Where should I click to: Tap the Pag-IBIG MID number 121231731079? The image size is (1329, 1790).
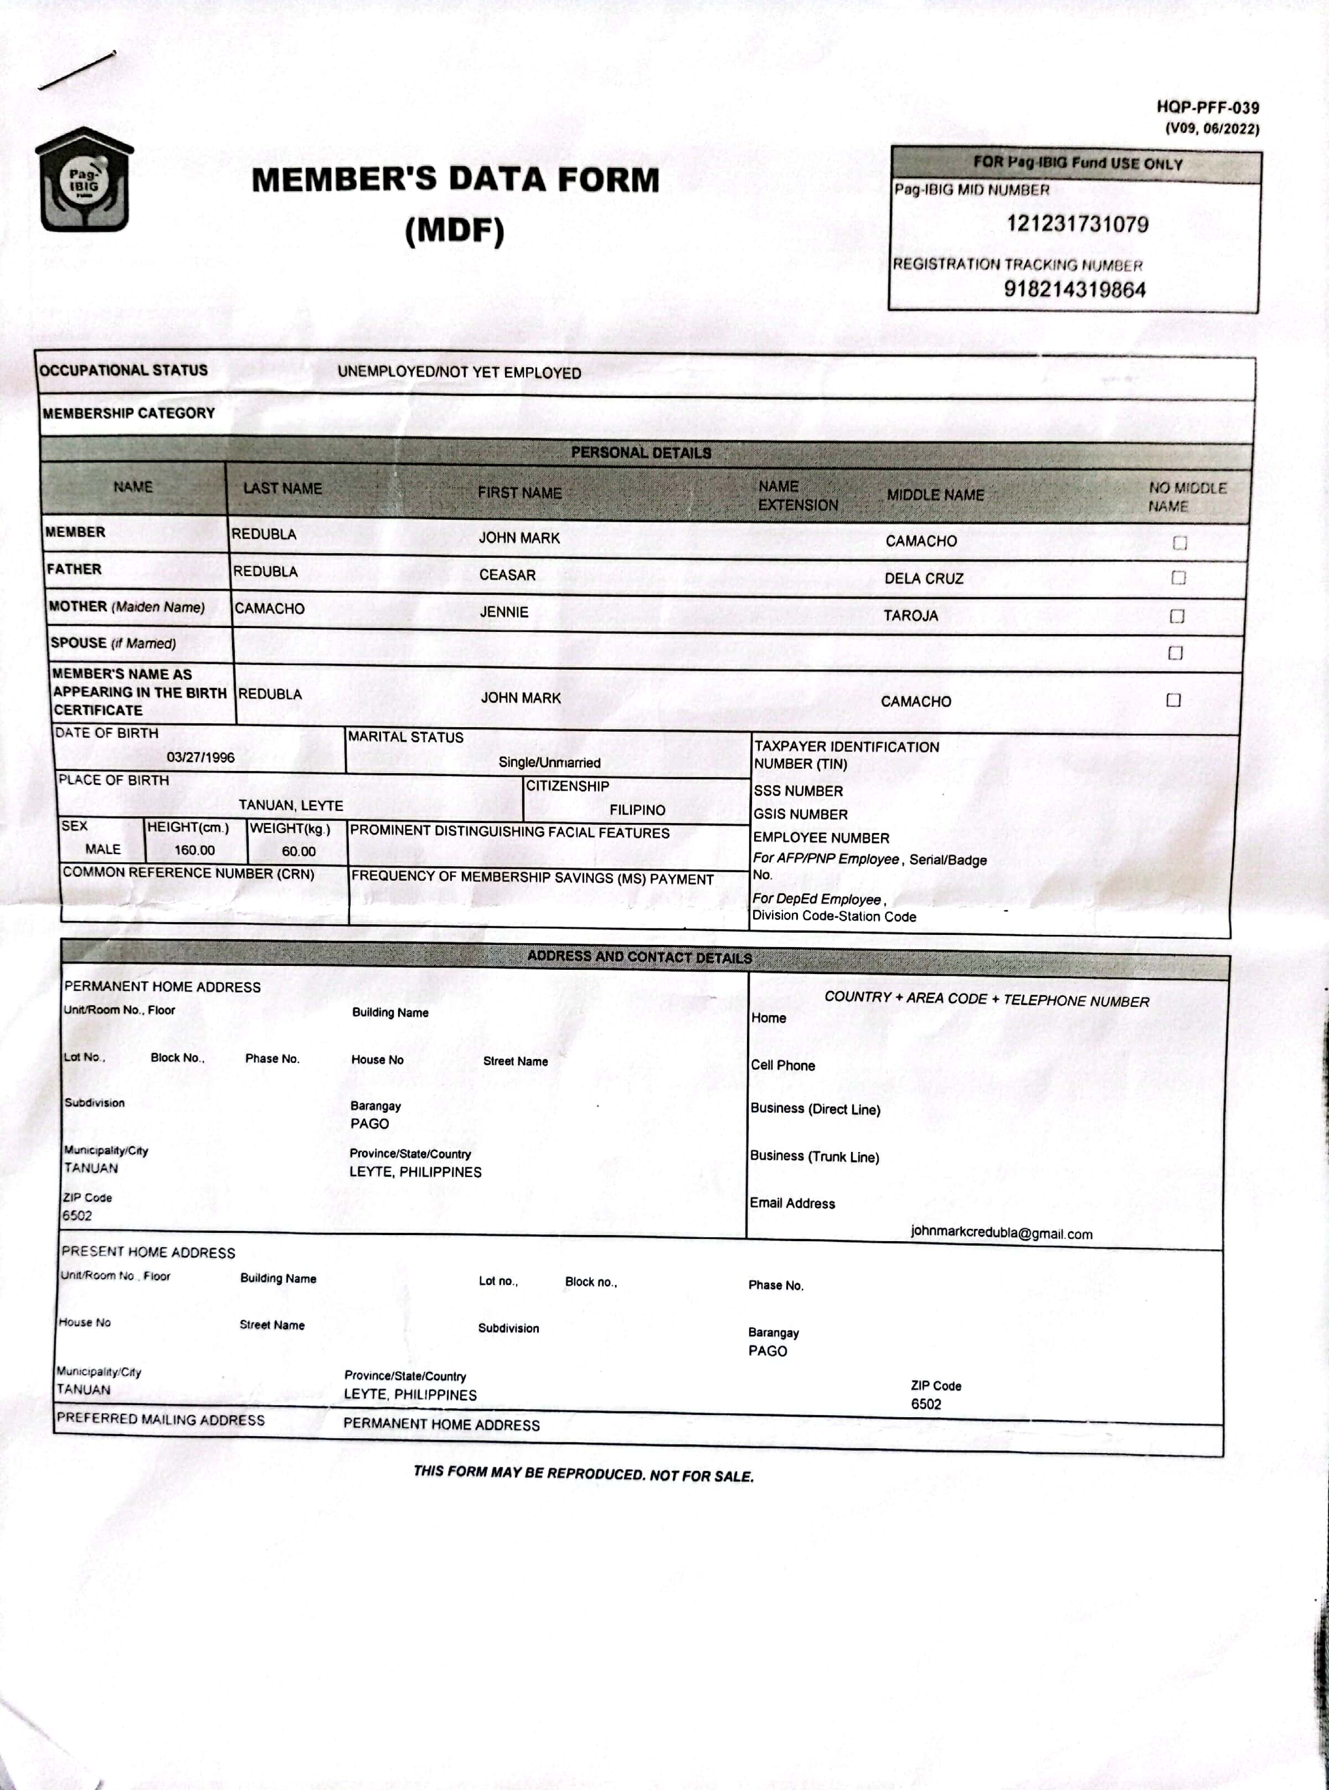pos(1077,224)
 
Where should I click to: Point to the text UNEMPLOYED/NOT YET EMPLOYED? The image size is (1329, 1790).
pos(459,373)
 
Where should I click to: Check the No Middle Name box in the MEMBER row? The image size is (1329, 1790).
pos(1179,543)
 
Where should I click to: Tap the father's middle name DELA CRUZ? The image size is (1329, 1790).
pos(924,578)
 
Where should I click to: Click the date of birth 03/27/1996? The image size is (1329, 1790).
pos(200,758)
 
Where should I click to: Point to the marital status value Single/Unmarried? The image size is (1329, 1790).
pos(549,763)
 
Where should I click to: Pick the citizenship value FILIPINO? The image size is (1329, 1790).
pos(637,810)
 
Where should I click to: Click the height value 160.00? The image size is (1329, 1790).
pos(195,850)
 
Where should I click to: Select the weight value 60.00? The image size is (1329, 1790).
pos(298,851)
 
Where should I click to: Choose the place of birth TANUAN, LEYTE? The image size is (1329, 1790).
pos(290,805)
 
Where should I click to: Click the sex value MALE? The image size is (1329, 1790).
pos(103,850)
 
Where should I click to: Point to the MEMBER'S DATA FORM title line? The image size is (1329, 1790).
pos(455,179)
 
